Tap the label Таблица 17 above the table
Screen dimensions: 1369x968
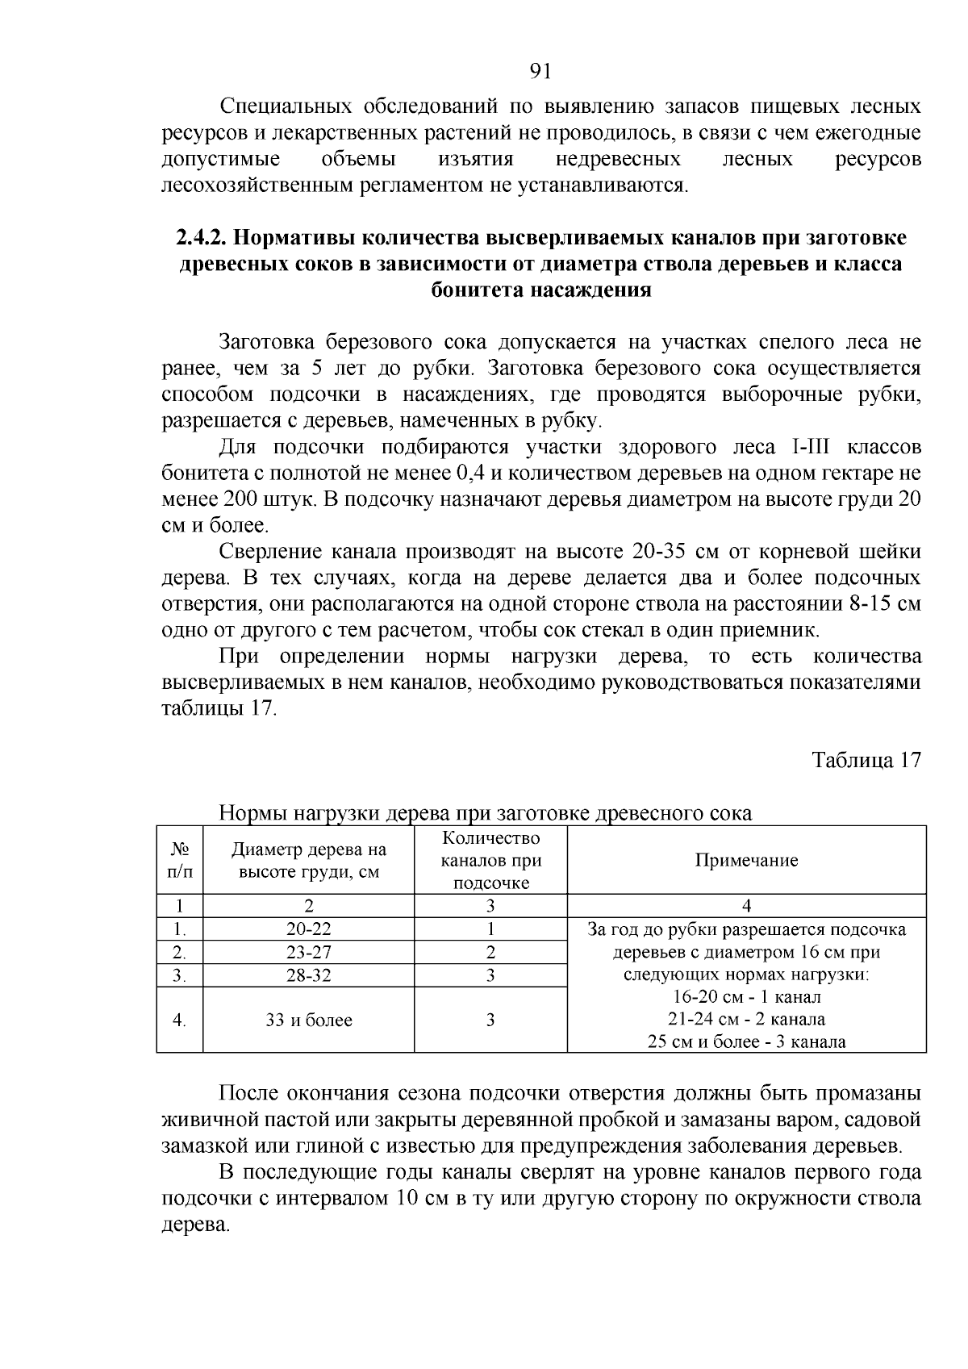[x=866, y=761]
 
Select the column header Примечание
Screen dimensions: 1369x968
[x=746, y=860]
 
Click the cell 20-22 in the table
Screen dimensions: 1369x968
[x=308, y=929]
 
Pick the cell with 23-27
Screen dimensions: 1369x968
[x=308, y=952]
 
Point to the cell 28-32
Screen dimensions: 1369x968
[x=308, y=975]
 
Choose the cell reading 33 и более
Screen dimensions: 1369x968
[x=308, y=1020]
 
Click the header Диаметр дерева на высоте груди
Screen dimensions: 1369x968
[x=308, y=860]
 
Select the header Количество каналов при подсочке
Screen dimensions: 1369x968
[x=490, y=860]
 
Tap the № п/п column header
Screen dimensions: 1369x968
[x=180, y=860]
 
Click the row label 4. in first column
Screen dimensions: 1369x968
[x=180, y=1020]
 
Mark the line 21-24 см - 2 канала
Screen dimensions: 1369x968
[x=746, y=1019]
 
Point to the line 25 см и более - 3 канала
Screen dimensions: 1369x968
[x=746, y=1041]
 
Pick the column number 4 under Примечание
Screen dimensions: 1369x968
[x=746, y=906]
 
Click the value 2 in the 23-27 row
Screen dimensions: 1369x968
[x=490, y=952]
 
